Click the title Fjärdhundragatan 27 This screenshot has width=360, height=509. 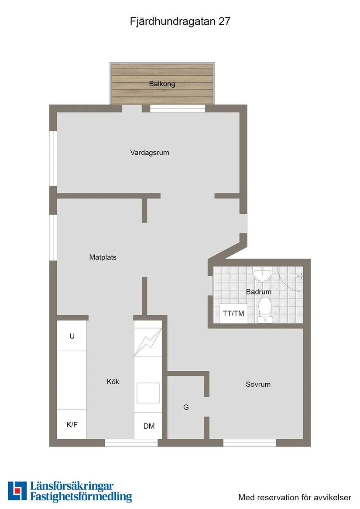[x=180, y=22]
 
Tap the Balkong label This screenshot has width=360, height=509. [x=162, y=84]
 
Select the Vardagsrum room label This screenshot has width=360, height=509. [x=149, y=153]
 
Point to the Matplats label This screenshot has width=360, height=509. [x=103, y=257]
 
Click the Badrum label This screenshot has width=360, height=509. [x=258, y=292]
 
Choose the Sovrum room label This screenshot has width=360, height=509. [x=258, y=384]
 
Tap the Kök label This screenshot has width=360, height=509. [x=113, y=382]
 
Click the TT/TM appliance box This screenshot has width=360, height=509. [x=233, y=314]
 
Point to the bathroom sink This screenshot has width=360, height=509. [x=262, y=275]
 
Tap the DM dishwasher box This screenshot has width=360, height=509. [x=148, y=426]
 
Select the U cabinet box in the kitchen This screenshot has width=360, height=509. [x=72, y=336]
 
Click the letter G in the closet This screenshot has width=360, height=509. [x=186, y=407]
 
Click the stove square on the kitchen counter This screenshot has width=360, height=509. [x=148, y=393]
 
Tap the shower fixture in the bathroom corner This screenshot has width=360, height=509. [x=299, y=276]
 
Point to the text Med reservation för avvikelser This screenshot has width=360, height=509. [x=295, y=497]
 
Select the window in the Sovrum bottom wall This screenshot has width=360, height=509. [x=250, y=443]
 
